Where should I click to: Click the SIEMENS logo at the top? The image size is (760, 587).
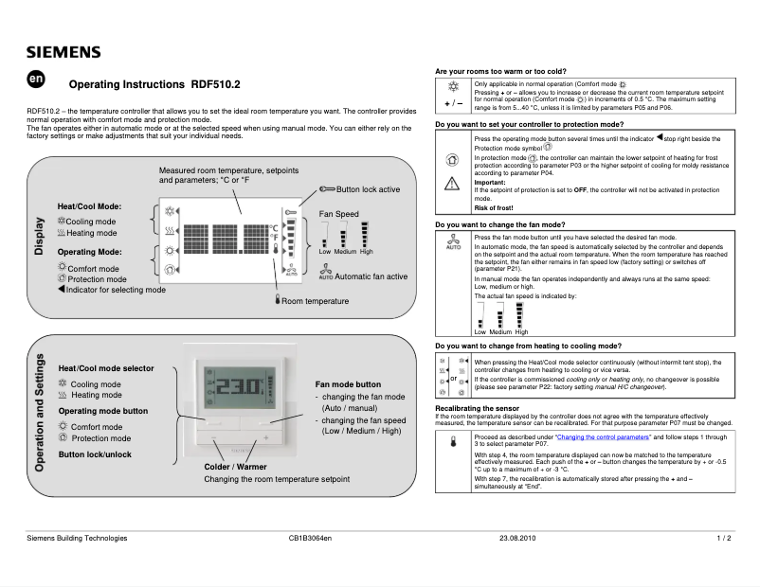[x=63, y=52]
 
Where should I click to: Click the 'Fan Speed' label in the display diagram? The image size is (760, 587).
[x=338, y=214]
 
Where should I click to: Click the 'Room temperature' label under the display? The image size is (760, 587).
[x=315, y=301]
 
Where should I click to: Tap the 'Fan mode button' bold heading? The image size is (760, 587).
[x=348, y=384]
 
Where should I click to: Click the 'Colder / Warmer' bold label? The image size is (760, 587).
[x=235, y=467]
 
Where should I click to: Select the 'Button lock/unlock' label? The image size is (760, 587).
[x=95, y=454]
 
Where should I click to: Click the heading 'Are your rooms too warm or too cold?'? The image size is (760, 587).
[x=500, y=72]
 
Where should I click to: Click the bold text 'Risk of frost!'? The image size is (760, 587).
[x=493, y=207]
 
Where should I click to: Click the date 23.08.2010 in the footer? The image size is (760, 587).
[x=517, y=538]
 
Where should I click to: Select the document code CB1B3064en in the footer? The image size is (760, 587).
[x=310, y=538]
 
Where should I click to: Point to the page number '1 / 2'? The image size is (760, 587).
[x=724, y=538]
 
